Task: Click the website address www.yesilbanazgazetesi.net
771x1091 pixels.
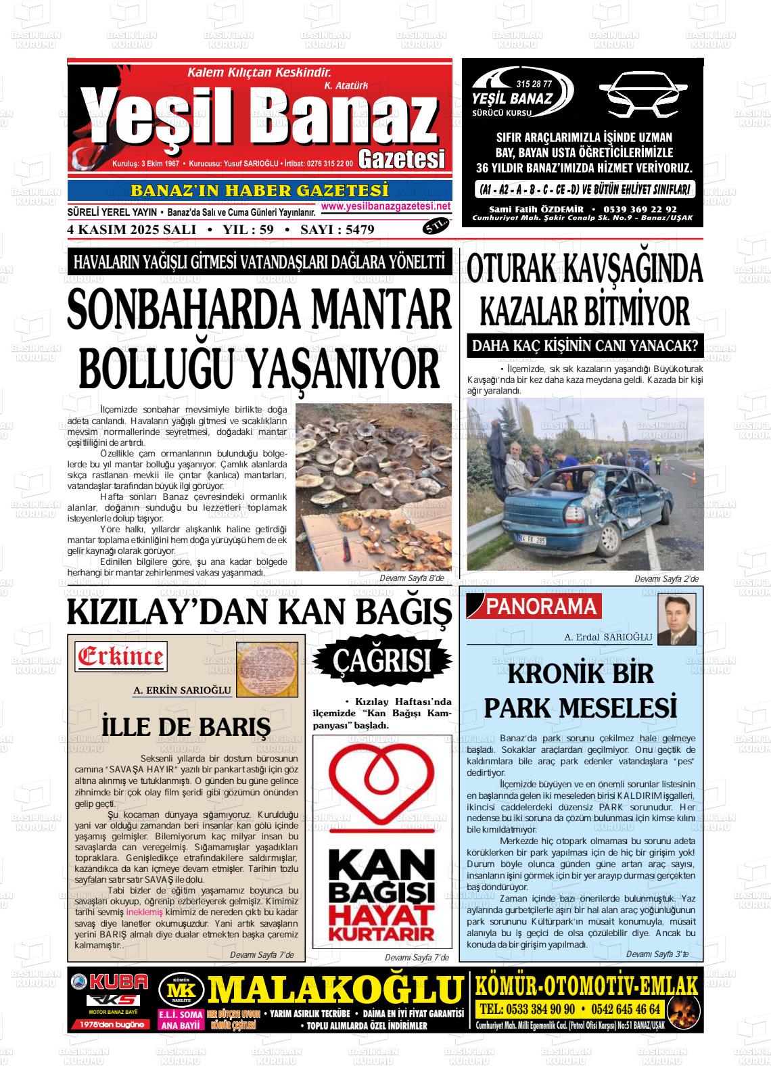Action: (x=385, y=206)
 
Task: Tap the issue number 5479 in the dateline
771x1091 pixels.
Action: (x=359, y=230)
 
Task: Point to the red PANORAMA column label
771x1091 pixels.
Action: (x=541, y=607)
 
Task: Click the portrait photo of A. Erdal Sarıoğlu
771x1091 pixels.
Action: (x=676, y=620)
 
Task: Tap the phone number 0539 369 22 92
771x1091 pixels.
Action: (x=638, y=210)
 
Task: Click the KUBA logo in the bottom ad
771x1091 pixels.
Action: (x=110, y=981)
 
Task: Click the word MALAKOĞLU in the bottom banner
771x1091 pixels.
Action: (x=335, y=989)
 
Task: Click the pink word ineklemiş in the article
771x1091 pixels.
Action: (x=145, y=912)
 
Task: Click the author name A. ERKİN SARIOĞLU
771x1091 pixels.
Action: (x=183, y=691)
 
